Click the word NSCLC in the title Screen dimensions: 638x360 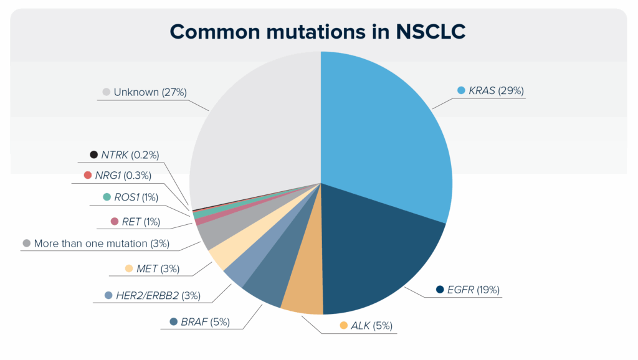click(431, 32)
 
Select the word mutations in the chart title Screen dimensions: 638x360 click(316, 32)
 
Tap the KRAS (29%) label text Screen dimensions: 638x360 click(496, 90)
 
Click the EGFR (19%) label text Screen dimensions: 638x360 click(474, 290)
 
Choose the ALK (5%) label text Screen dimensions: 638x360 click(371, 325)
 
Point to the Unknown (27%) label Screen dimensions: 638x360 click(150, 92)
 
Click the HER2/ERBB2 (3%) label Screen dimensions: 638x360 click(158, 295)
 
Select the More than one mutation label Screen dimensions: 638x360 click(102, 244)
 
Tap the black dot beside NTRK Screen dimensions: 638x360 click(93, 154)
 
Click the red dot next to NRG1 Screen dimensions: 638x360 click(87, 175)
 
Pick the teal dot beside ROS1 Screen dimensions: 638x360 click(107, 197)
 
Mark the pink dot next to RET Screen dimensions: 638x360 click(115, 221)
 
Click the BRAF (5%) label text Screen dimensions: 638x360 click(205, 322)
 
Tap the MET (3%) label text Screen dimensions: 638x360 click(158, 268)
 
